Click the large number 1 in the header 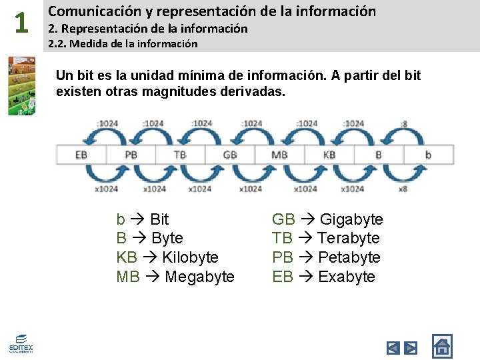21,23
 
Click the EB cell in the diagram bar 81,155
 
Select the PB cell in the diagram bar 131,155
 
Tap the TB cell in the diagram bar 180,155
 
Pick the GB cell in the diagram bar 230,155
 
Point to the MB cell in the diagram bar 279,155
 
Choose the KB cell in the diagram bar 329,155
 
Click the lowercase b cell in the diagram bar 428,155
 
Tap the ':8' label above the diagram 404,123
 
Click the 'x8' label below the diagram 403,189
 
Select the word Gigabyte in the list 351,219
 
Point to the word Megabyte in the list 199,277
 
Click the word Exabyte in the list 347,277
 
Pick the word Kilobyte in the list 190,257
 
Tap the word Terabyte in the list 348,238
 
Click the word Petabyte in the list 349,257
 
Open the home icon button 442,346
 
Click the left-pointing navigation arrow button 393,347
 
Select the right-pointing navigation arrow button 411,347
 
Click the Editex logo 21,344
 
